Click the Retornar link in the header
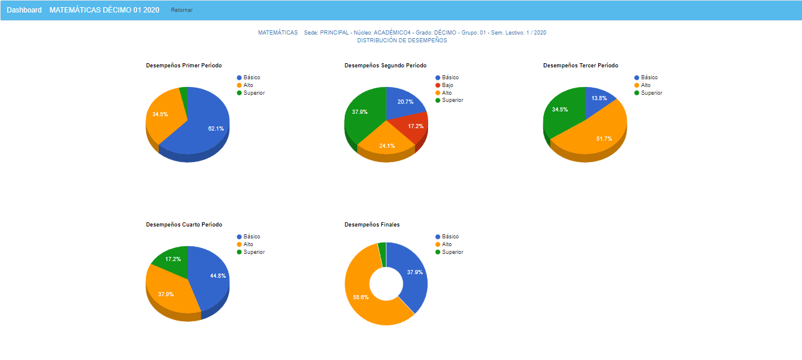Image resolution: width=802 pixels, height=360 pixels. tap(182, 10)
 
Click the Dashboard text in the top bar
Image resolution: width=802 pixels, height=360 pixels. tap(24, 10)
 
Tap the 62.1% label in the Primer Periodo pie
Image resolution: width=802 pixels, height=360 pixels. tap(216, 128)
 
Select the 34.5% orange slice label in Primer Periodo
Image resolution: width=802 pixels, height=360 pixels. tap(160, 114)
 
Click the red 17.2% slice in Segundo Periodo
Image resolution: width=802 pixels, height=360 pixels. tap(416, 126)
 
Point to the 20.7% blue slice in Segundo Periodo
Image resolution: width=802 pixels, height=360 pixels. tap(405, 102)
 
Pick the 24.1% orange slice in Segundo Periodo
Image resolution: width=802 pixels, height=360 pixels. tap(387, 145)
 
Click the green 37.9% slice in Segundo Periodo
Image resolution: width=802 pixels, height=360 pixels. tap(360, 112)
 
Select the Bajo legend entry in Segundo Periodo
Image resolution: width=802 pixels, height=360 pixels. tap(447, 85)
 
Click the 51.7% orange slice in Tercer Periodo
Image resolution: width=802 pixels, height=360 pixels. tap(603, 138)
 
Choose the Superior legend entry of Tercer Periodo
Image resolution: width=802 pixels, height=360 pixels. tap(651, 93)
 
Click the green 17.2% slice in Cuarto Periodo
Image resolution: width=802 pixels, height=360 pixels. tap(173, 259)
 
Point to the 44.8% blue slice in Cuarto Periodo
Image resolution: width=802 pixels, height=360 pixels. tap(217, 275)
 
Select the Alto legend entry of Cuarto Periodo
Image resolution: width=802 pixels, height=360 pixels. tap(248, 244)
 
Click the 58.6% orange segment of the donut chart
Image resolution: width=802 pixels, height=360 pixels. tap(361, 297)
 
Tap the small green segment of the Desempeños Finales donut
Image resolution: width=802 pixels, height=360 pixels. tap(382, 247)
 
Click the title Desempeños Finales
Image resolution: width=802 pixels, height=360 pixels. tap(372, 225)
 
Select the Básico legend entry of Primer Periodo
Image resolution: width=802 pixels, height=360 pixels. tap(251, 77)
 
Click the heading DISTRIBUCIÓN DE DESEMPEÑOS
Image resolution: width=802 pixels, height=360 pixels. tap(402, 41)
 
